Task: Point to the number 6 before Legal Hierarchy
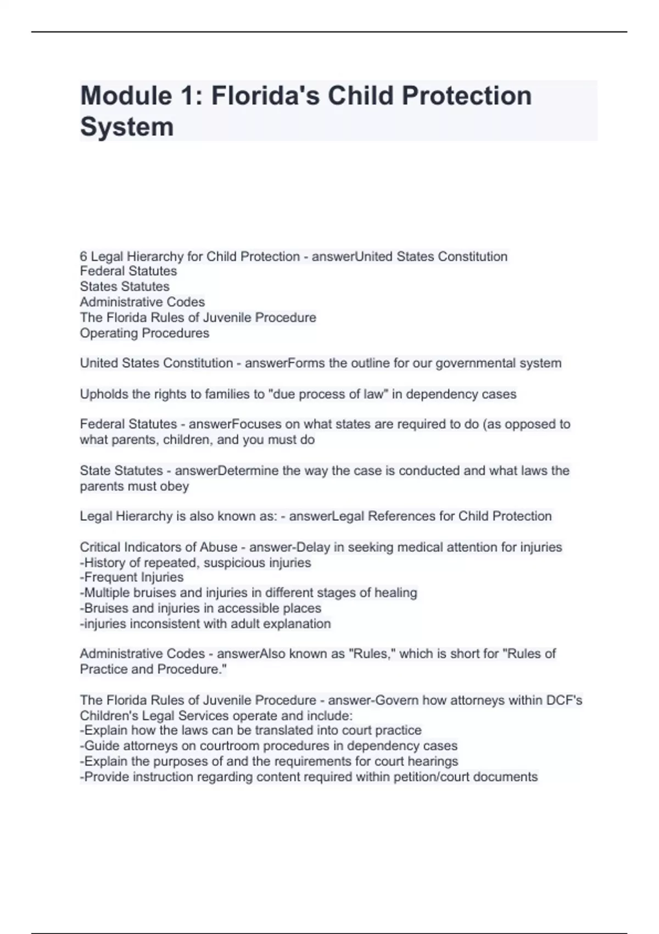pos(83,257)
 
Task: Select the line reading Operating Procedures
pos(144,333)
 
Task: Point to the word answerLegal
pos(326,516)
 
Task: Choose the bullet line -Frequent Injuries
pos(132,577)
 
